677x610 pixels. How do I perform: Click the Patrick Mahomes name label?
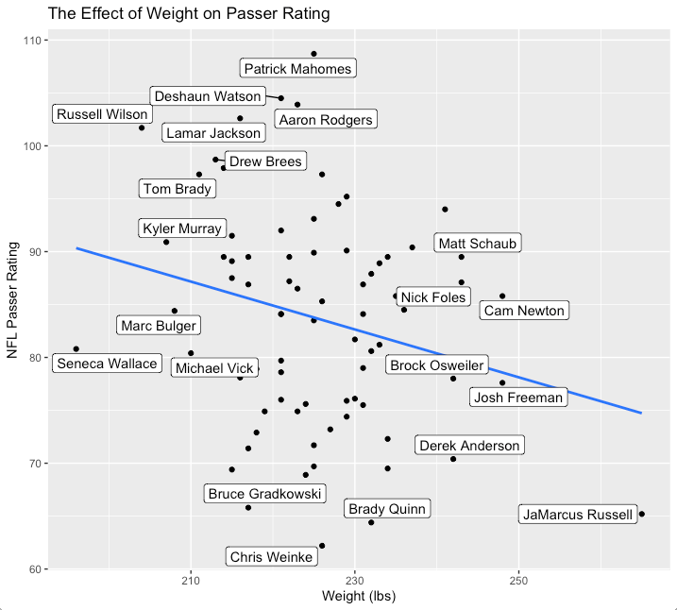297,69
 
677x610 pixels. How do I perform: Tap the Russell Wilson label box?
102,115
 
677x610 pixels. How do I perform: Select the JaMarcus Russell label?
578,515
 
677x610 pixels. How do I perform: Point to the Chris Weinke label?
272,557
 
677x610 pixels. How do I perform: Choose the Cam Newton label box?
523,311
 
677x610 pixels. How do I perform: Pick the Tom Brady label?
178,189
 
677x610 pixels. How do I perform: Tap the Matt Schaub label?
477,244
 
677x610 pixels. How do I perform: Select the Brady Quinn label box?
387,509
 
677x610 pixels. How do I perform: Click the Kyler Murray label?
182,229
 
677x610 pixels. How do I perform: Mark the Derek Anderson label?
469,446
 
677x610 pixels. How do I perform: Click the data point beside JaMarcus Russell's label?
642,514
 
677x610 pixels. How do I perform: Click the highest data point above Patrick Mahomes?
314,54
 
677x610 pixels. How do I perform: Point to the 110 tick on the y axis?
31,41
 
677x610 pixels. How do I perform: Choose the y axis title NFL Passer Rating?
13,305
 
